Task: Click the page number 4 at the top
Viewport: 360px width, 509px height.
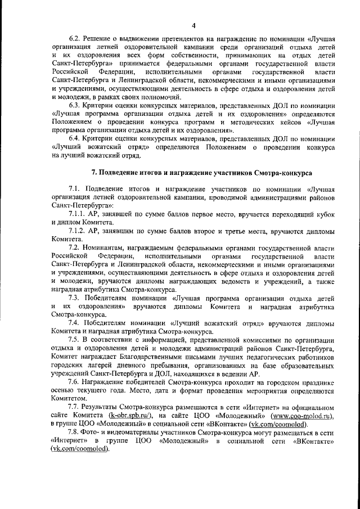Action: click(193, 25)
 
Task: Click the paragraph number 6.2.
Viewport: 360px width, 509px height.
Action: click(75, 39)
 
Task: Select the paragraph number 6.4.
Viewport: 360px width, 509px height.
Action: click(75, 138)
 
